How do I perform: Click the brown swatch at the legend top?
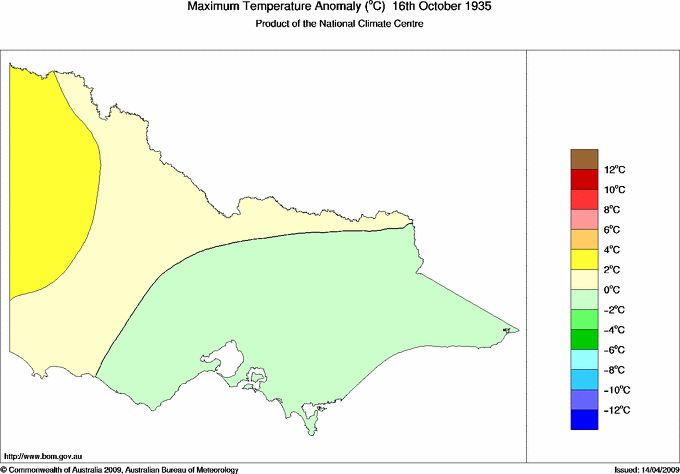click(x=584, y=159)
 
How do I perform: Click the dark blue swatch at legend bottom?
click(x=584, y=420)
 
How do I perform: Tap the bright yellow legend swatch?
click(x=584, y=260)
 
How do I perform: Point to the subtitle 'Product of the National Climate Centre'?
click(x=340, y=24)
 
